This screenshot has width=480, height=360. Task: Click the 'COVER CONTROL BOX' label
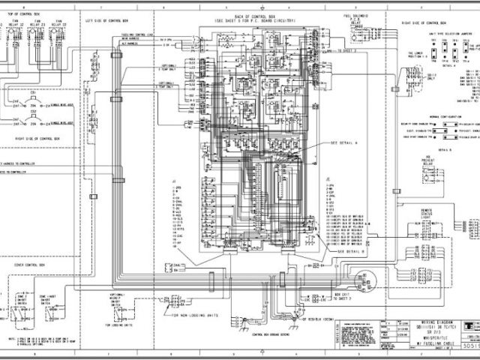[x=30, y=265]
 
